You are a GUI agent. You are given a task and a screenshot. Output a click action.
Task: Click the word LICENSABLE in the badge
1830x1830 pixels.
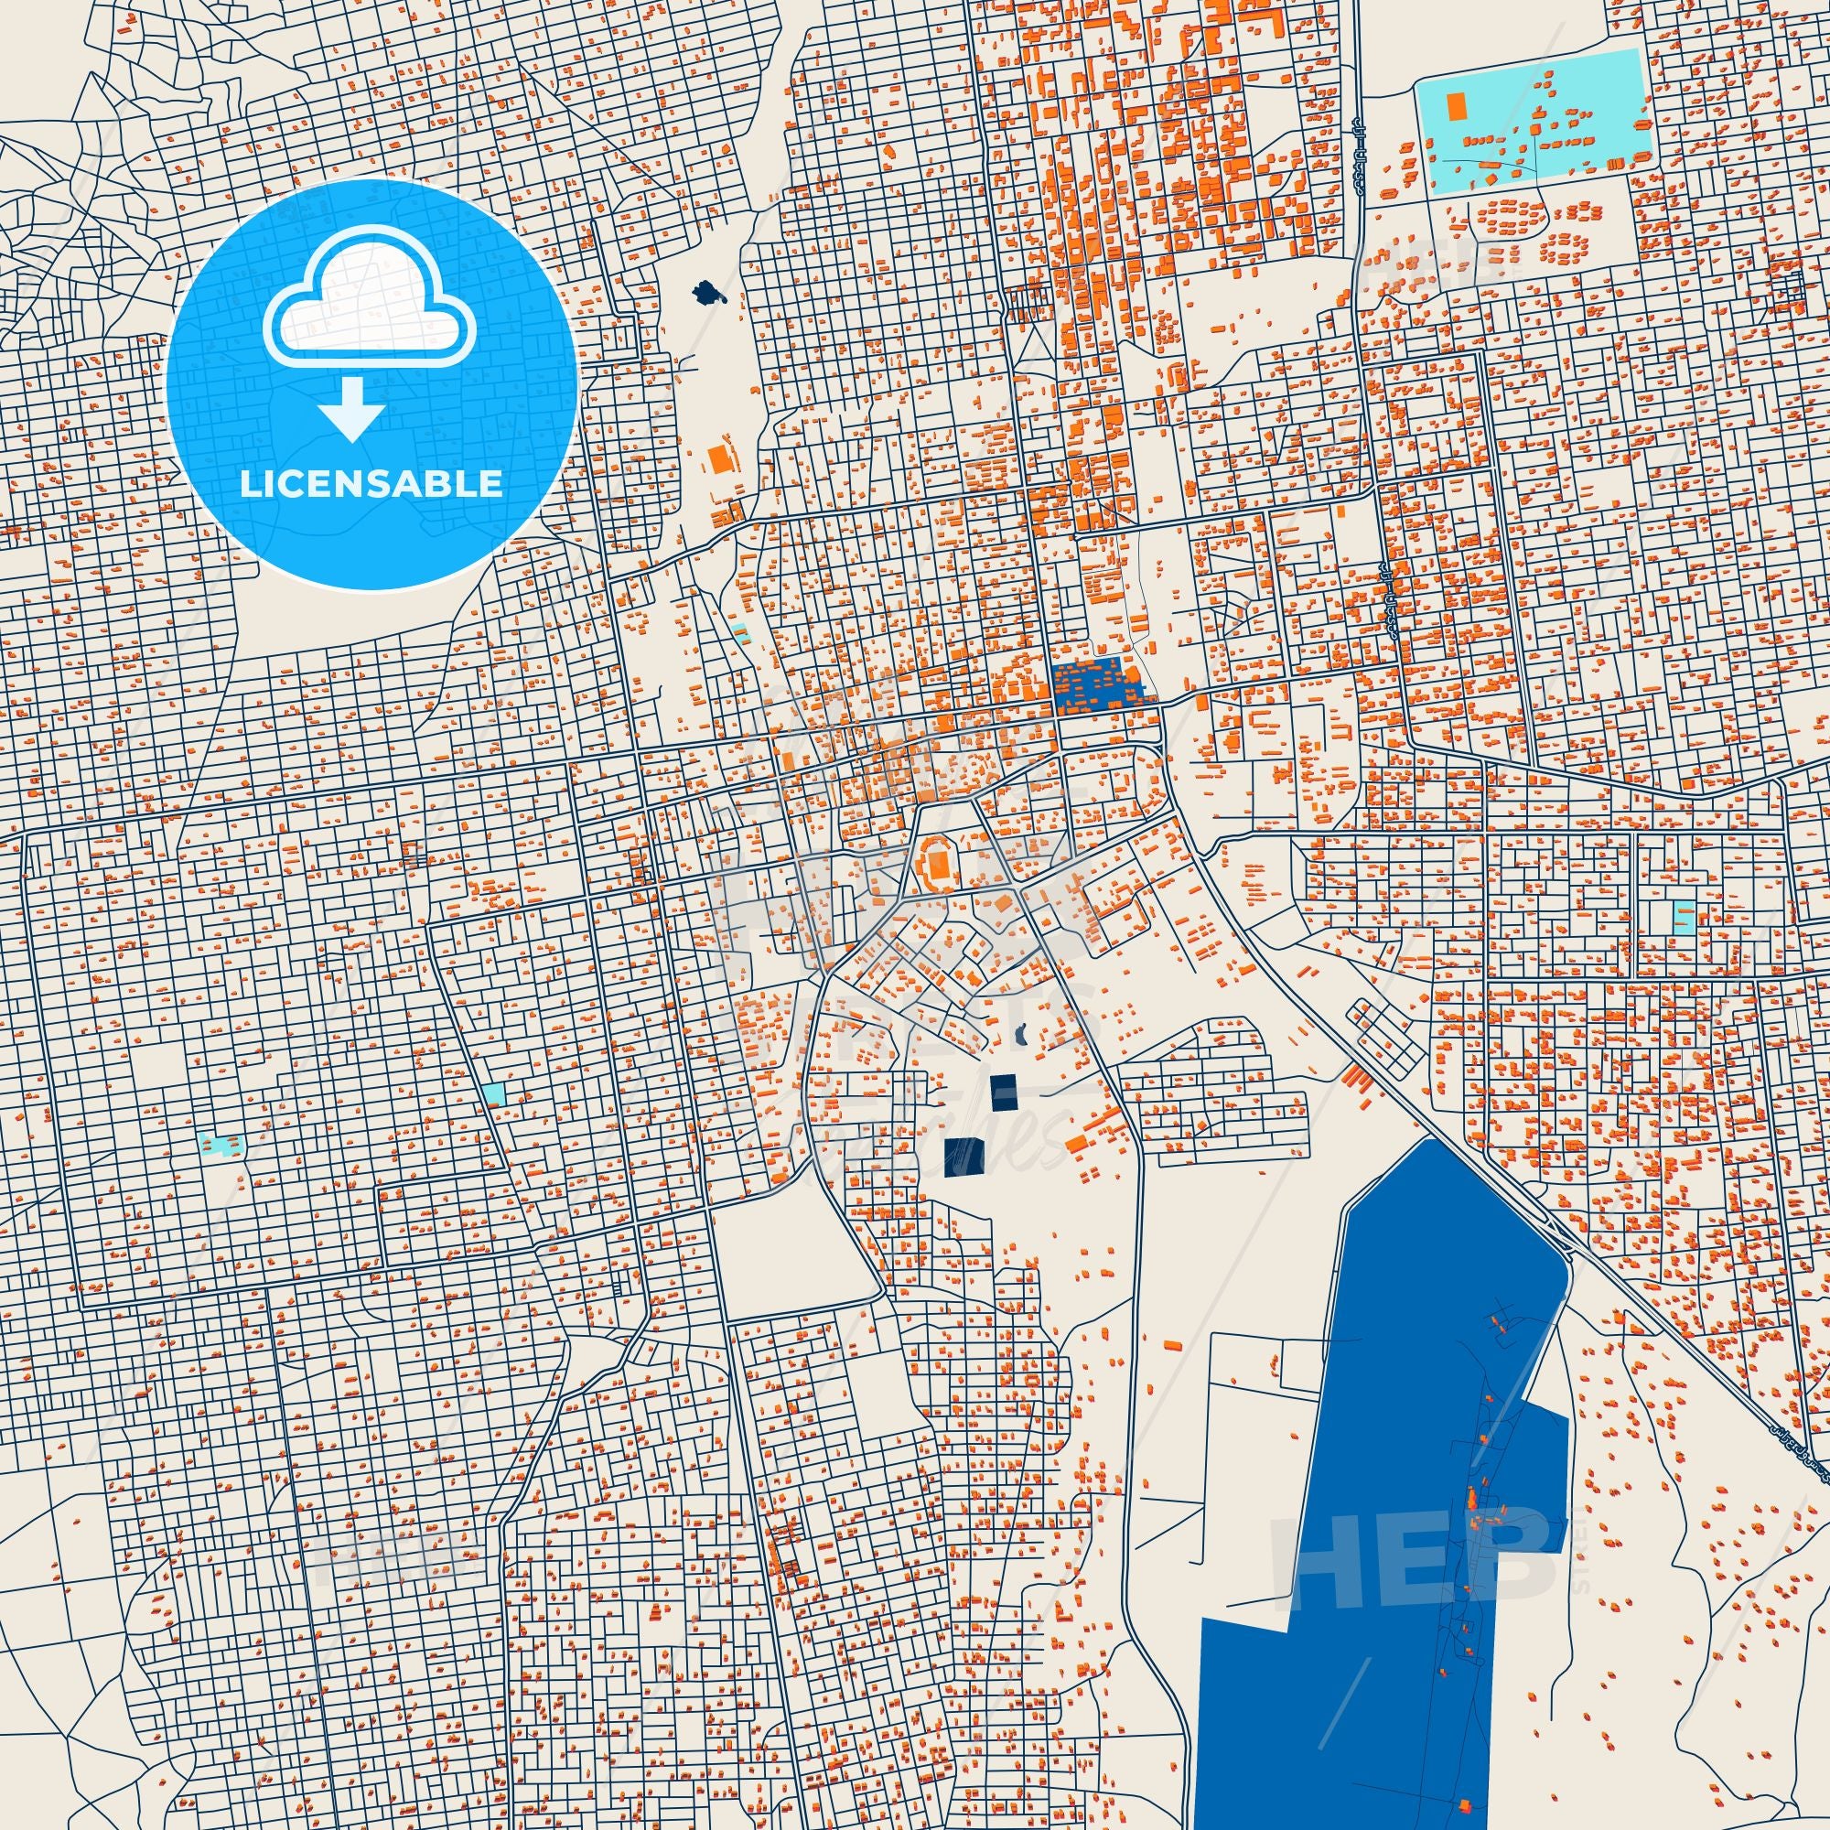tap(371, 484)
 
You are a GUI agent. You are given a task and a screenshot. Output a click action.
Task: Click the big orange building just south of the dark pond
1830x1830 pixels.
tap(723, 458)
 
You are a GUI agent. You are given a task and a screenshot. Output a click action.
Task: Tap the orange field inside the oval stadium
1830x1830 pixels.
tap(939, 862)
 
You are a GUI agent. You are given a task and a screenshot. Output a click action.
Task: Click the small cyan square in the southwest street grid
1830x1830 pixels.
tap(492, 1093)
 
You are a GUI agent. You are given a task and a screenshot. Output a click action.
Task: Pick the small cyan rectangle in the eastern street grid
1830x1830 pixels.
tap(1683, 916)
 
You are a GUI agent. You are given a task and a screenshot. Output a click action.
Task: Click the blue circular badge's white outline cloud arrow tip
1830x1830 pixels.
tap(351, 436)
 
